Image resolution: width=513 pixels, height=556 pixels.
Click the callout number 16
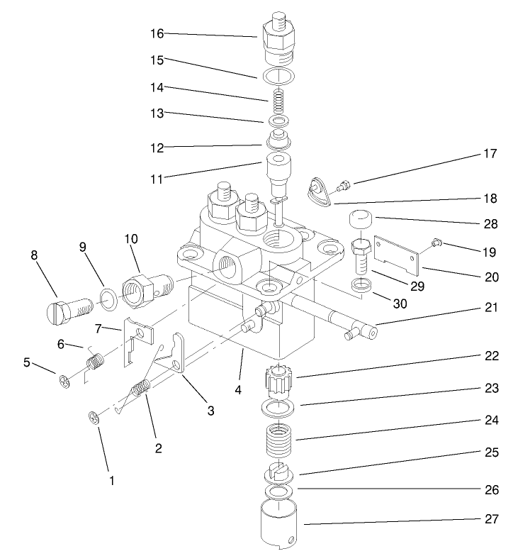pyautogui.click(x=157, y=33)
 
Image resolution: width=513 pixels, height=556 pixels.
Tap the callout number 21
pyautogui.click(x=491, y=308)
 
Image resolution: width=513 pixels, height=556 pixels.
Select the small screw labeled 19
pyautogui.click(x=436, y=245)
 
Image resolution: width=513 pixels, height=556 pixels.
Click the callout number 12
pyautogui.click(x=157, y=148)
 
